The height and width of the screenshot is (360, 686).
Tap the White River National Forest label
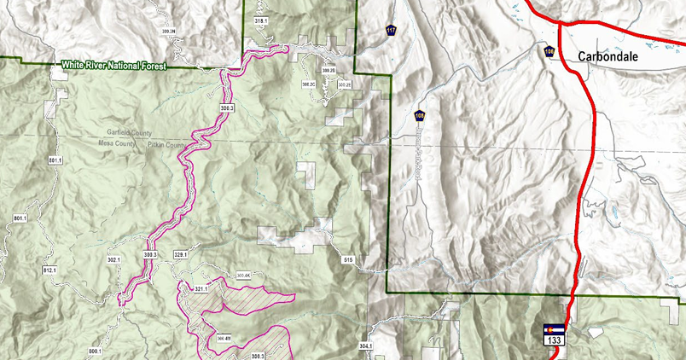pos(111,65)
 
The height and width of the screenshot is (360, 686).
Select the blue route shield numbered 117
pos(391,31)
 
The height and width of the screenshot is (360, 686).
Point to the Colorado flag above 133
pos(553,329)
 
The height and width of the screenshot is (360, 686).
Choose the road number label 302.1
pos(114,258)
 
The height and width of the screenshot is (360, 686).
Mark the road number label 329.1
pos(180,254)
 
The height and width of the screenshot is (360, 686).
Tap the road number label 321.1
pos(201,289)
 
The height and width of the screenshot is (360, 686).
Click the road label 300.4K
pos(243,276)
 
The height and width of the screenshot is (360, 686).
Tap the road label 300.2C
pos(309,85)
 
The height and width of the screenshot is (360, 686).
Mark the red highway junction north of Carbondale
pos(560,25)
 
